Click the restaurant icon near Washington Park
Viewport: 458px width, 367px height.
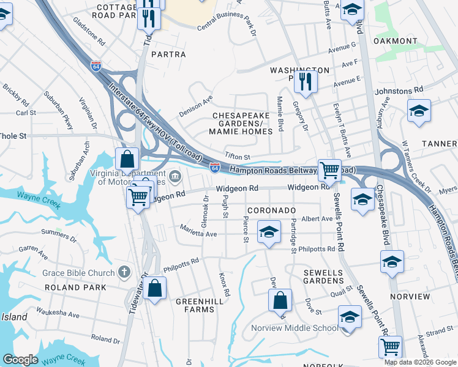point(304,81)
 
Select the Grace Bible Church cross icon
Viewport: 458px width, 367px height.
point(124,272)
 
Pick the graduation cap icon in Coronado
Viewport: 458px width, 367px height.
point(268,232)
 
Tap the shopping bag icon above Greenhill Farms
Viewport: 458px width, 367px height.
point(156,288)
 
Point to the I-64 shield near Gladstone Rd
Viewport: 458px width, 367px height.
point(96,65)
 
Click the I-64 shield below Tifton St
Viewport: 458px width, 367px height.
point(215,167)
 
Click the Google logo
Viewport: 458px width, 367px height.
point(20,360)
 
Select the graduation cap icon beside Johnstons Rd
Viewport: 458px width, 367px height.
point(419,111)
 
